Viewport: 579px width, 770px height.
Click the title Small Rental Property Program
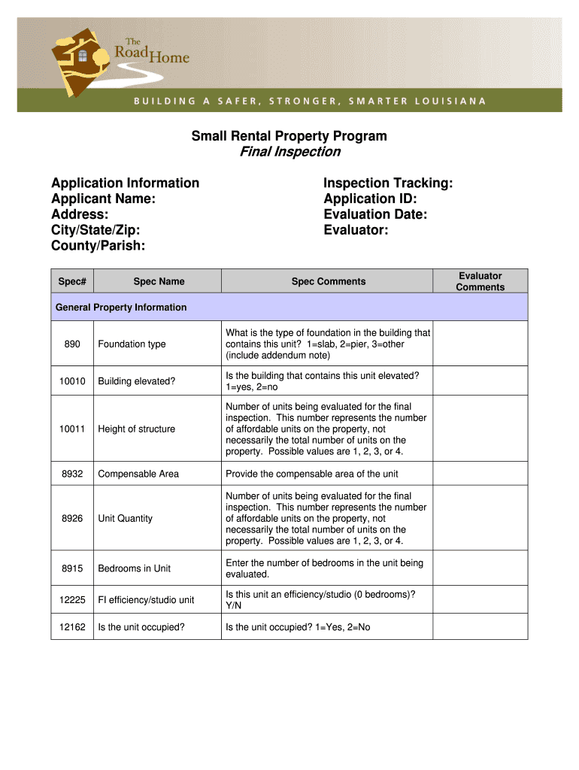click(289, 136)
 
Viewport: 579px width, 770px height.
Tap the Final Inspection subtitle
click(289, 152)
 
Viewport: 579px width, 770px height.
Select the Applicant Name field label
click(104, 199)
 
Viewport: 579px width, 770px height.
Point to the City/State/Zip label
click(95, 230)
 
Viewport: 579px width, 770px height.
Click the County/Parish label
click(99, 246)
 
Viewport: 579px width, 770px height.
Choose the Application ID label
click(370, 199)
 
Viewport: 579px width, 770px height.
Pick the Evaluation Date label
click(375, 214)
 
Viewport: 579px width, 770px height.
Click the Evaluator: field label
click(356, 230)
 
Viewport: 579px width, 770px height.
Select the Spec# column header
click(72, 281)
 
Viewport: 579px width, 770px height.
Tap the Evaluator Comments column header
click(480, 281)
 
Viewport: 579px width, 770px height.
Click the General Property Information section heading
click(121, 307)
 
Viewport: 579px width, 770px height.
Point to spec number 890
click(72, 344)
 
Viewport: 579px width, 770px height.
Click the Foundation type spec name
click(132, 344)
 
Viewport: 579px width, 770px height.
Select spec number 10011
click(72, 429)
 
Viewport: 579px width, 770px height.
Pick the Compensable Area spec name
click(138, 474)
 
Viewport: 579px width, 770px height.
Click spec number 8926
click(72, 518)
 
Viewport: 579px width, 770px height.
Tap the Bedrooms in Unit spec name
click(135, 568)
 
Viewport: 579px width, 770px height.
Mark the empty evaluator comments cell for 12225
click(480, 599)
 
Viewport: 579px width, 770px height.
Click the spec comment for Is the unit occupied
click(298, 626)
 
